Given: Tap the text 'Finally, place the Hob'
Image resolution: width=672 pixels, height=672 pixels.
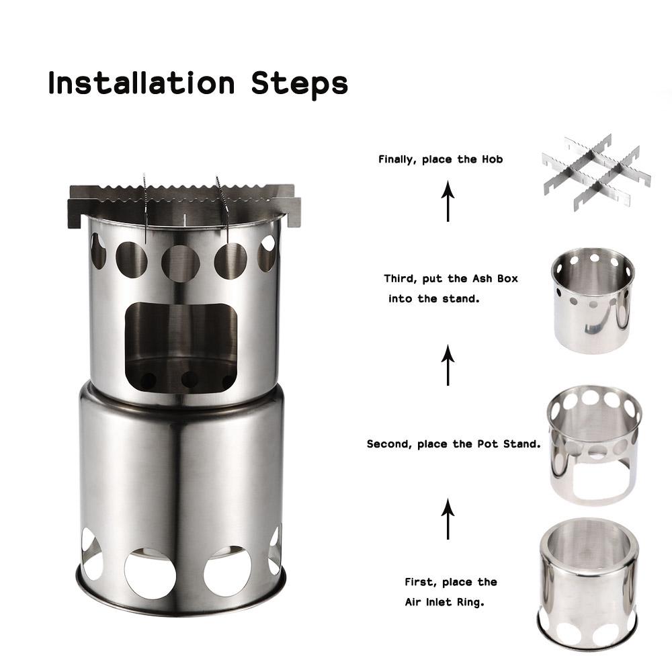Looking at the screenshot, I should (440, 159).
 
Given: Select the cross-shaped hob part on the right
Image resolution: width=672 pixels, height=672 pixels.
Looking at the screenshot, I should (596, 172).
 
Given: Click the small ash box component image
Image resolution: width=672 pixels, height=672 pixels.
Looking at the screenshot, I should (592, 301).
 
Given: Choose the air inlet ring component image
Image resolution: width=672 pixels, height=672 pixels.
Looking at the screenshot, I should (587, 583).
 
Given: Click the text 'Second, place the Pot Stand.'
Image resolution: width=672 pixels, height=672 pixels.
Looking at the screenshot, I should (454, 444).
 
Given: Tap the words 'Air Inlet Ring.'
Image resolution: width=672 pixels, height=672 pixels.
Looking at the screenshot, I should (444, 603).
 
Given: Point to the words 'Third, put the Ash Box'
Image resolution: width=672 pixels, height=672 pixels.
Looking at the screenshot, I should (451, 278).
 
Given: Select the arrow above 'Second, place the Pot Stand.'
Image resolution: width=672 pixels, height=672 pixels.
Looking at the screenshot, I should (448, 365).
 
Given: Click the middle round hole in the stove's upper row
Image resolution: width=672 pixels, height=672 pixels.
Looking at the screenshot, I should (180, 262).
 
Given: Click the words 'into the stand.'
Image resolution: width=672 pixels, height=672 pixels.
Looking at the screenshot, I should (433, 298).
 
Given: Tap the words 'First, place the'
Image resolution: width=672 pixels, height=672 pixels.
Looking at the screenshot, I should (450, 582).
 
